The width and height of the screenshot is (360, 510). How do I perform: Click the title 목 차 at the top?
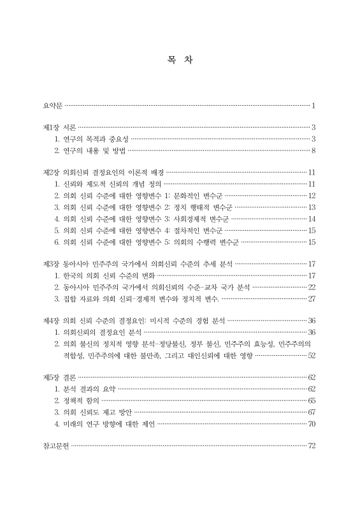click(180, 61)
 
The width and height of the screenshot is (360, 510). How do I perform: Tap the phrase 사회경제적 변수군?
click(202, 218)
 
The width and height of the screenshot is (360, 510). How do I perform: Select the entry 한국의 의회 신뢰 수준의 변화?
click(103, 275)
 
